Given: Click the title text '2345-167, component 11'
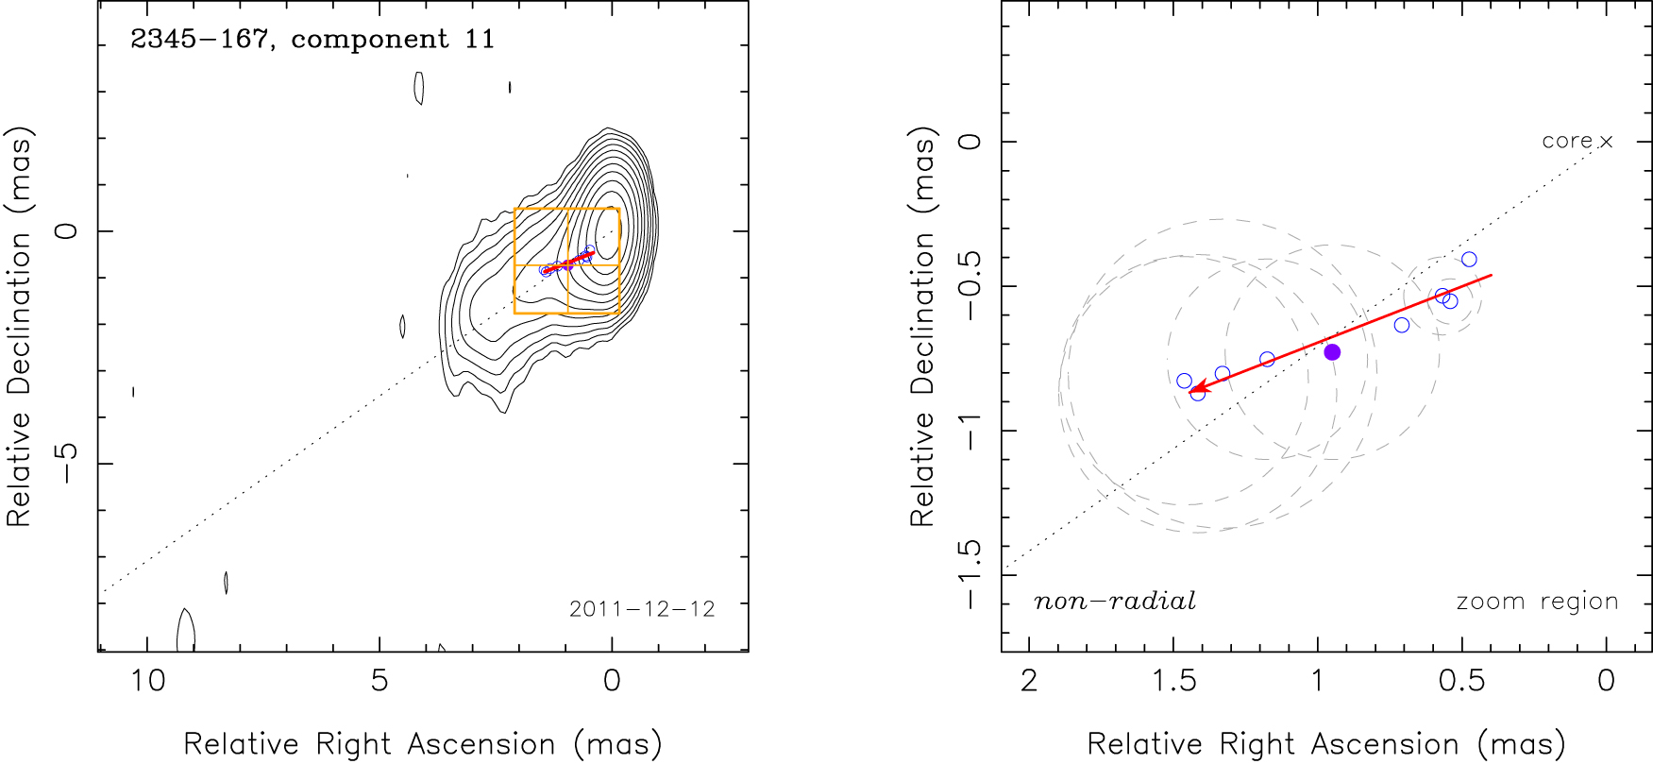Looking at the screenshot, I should click(312, 40).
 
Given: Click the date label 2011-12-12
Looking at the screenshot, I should click(642, 609).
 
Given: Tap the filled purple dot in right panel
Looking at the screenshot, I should click(1332, 352).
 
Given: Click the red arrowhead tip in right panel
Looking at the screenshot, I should click(1189, 392).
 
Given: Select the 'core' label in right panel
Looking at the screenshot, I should click(1567, 142).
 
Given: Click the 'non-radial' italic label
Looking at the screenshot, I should click(1115, 602).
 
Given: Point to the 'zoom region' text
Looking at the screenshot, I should click(1537, 602).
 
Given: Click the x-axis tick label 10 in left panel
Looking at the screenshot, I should click(147, 681).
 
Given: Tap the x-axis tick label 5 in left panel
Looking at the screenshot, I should click(380, 681).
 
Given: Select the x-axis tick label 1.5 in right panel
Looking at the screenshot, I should click(1174, 681).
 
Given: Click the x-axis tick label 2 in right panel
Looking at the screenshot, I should click(1029, 681).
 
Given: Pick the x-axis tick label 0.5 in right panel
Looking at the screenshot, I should click(1462, 681).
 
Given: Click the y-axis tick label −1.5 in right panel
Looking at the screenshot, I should click(970, 575).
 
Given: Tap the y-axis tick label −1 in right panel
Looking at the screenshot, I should click(970, 431).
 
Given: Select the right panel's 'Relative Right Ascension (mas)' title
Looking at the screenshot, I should click(1326, 744).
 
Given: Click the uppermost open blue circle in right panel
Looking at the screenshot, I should click(1469, 260).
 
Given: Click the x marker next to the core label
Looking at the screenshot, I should click(1607, 142).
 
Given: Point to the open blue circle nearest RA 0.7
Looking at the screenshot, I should click(1402, 325).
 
